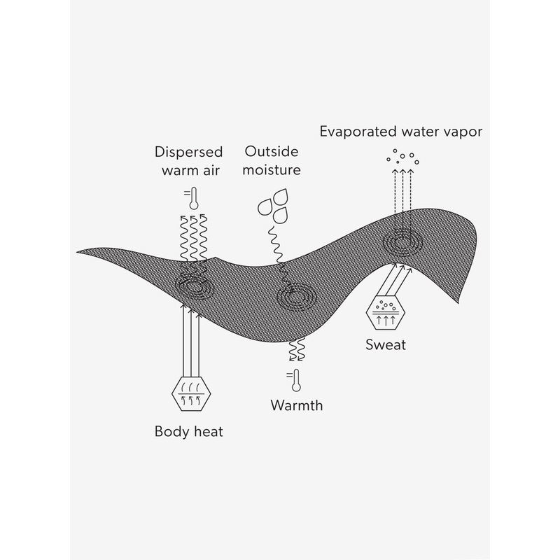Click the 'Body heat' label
click(x=188, y=431)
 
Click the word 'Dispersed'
click(x=188, y=151)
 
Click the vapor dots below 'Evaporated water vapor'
click(x=402, y=156)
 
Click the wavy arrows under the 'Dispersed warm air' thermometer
click(x=192, y=241)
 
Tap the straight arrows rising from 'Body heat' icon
click(x=190, y=336)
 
